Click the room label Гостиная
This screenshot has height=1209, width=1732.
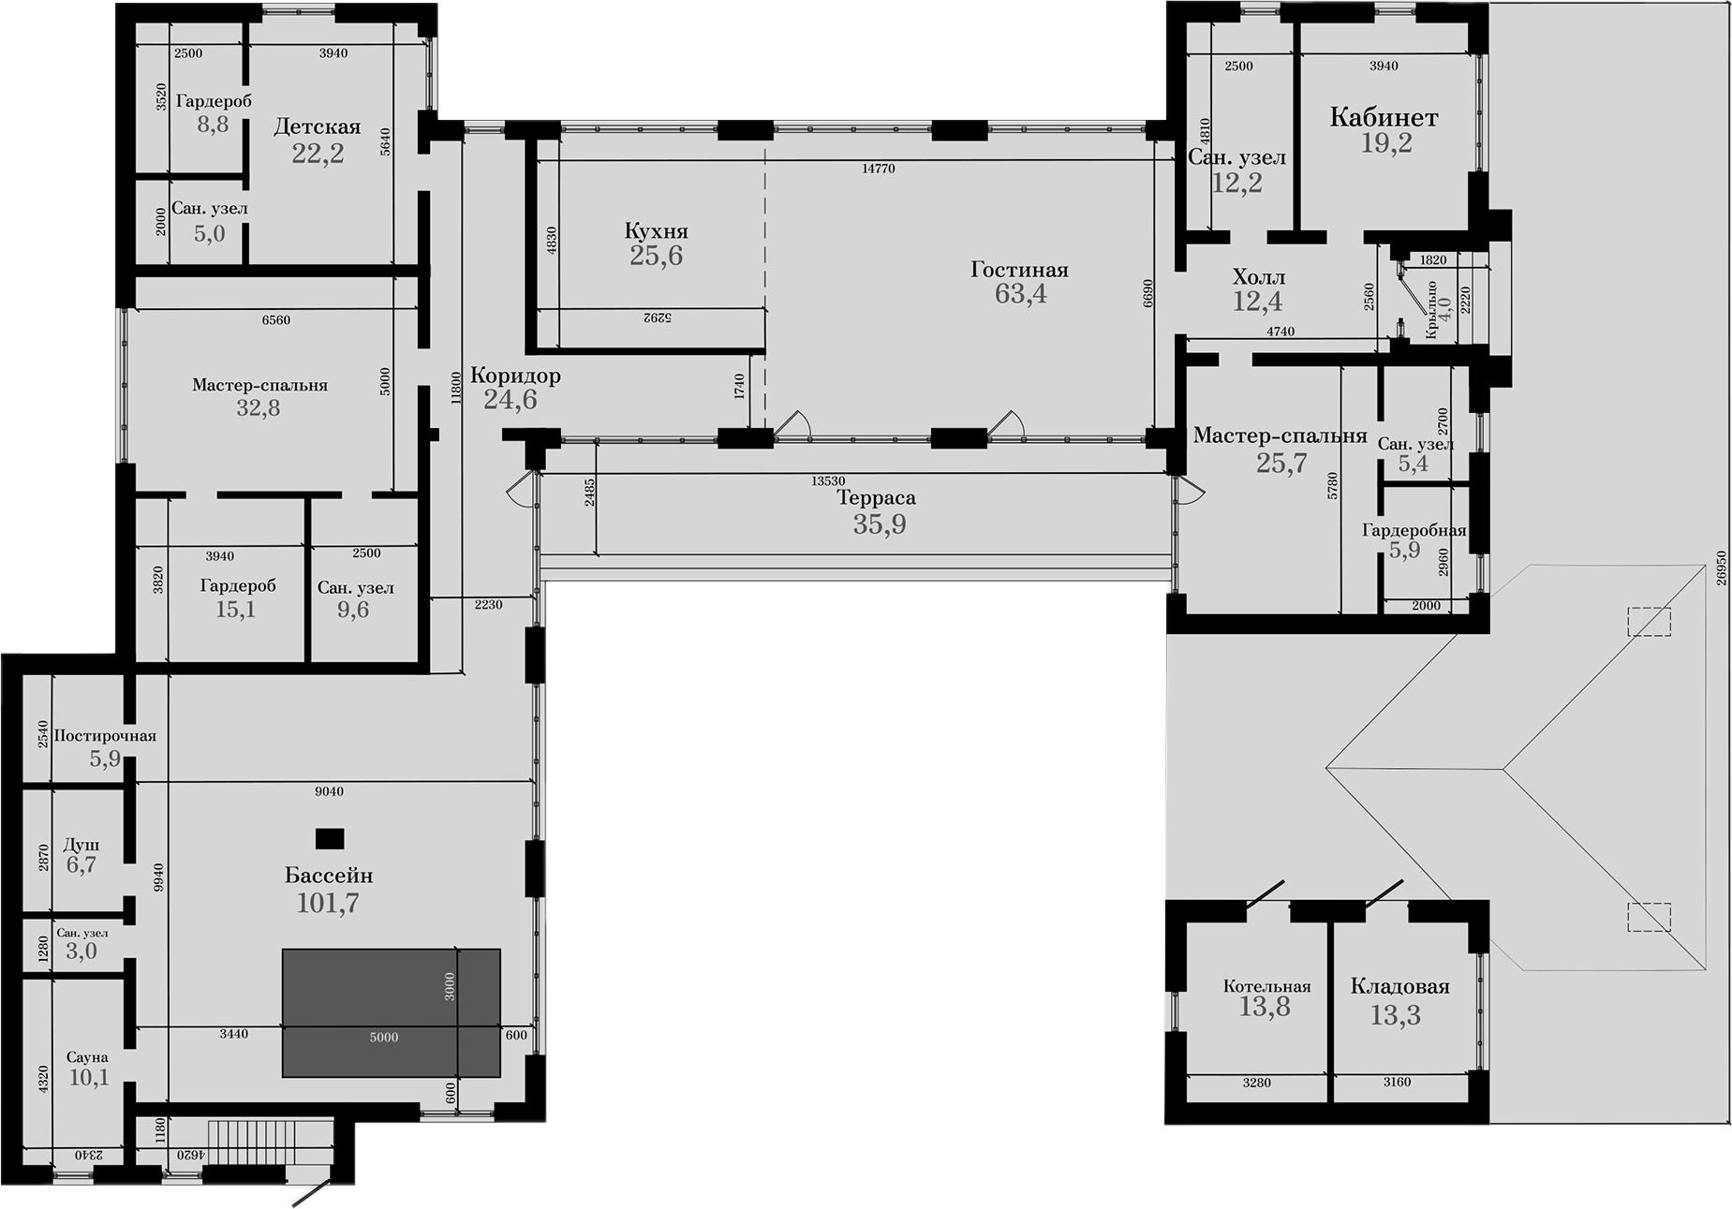coord(1019,270)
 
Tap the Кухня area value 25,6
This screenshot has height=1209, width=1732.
coord(656,256)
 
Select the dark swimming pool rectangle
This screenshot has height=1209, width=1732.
coord(391,1012)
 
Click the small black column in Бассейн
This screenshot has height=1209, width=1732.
coord(329,838)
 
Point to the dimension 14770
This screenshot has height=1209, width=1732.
coord(878,170)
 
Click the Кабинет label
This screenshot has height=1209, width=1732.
coord(1384,118)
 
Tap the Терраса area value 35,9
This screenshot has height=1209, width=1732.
coord(879,524)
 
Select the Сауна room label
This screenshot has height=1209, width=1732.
coord(87,1057)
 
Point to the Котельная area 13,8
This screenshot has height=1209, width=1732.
coord(1265,1007)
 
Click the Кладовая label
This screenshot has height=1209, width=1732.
coord(1399,986)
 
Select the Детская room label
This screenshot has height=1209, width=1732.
coord(317,127)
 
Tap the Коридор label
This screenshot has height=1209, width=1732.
coord(515,376)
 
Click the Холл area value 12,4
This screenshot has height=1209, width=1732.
coord(1257,301)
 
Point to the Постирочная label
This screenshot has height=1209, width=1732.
coord(105,736)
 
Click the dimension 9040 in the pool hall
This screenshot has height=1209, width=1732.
coord(329,791)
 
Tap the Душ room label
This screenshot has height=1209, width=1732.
coord(81,844)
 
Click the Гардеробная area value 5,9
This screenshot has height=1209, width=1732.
coord(1403,551)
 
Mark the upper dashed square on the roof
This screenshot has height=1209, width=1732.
coord(1648,622)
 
